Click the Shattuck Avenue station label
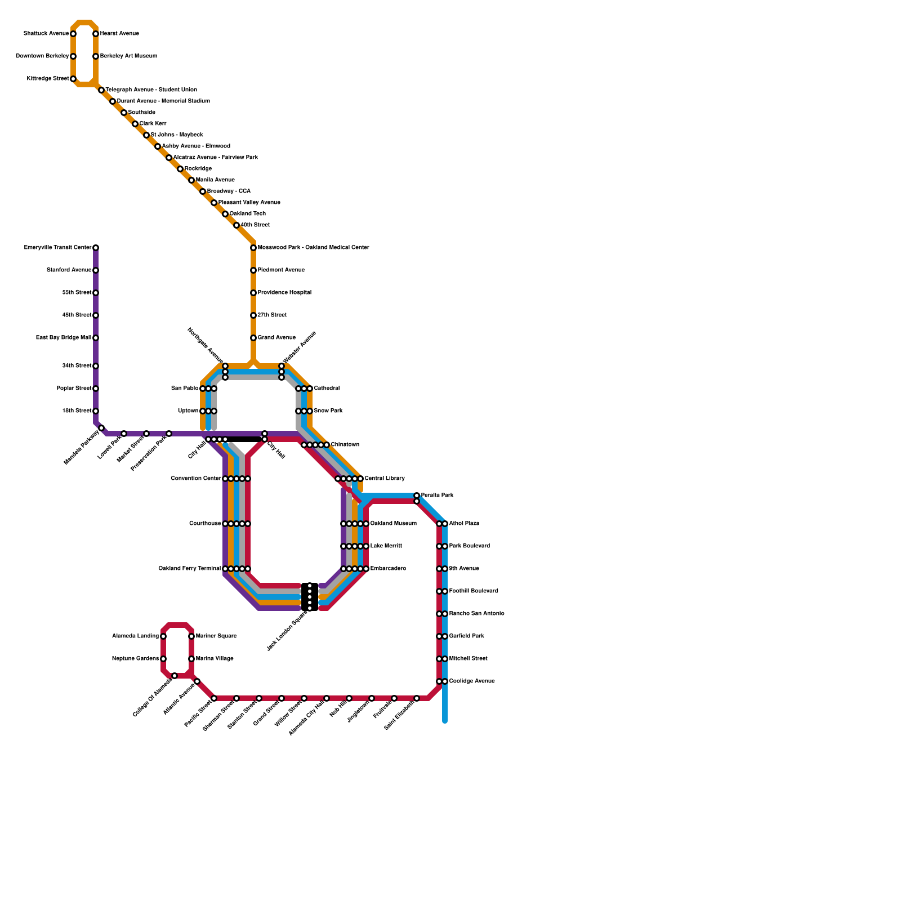pyautogui.click(x=46, y=34)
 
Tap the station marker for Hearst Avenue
pyautogui.click(x=96, y=34)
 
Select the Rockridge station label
pyautogui.click(x=198, y=169)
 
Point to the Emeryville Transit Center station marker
pyautogui.click(x=96, y=248)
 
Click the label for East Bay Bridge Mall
pyautogui.click(x=63, y=338)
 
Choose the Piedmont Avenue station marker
pyautogui.click(x=253, y=270)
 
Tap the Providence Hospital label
pyautogui.click(x=284, y=293)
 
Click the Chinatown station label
pyautogui.click(x=345, y=445)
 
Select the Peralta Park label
pyautogui.click(x=437, y=496)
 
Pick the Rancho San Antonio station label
pyautogui.click(x=476, y=614)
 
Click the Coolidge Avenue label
pyautogui.click(x=472, y=681)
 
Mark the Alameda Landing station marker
pyautogui.click(x=163, y=636)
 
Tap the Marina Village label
pyautogui.click(x=215, y=659)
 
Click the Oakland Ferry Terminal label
pyautogui.click(x=189, y=569)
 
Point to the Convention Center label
pyautogui.click(x=195, y=479)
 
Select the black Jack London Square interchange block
pyautogui.click(x=310, y=597)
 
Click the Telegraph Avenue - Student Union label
pyautogui.click(x=151, y=90)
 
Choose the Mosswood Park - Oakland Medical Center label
pyautogui.click(x=313, y=248)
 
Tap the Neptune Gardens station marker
pyautogui.click(x=163, y=659)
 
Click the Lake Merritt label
pyautogui.click(x=386, y=546)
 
